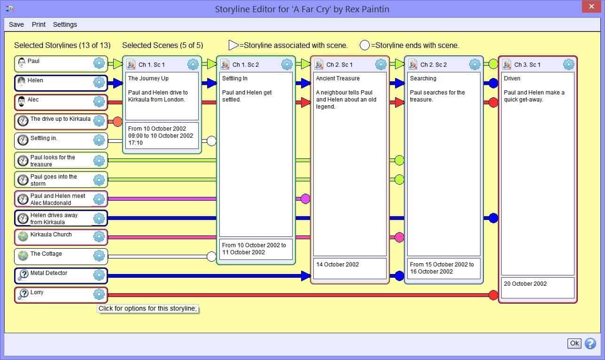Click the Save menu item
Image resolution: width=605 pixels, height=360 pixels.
point(16,24)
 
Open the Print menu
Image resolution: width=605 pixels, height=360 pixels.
point(39,24)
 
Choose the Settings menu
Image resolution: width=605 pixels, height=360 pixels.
point(65,24)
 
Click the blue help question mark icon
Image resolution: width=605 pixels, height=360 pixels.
point(590,344)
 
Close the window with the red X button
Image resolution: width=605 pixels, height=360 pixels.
point(591,7)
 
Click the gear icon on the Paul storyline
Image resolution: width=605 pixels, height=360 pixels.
point(99,63)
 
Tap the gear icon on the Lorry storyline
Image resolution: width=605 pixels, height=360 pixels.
point(99,294)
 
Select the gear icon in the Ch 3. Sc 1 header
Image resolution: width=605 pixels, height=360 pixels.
point(568,64)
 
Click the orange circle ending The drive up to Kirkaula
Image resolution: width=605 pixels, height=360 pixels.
point(117,122)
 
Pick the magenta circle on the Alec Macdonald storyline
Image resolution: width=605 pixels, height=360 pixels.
point(305,199)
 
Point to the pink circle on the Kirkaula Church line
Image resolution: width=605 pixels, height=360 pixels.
point(399,237)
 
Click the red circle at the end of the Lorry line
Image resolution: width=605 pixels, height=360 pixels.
point(493,295)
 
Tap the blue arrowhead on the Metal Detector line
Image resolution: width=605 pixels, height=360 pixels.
point(306,276)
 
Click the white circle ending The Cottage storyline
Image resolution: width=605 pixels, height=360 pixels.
point(211,257)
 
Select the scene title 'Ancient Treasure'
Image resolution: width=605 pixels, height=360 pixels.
point(338,78)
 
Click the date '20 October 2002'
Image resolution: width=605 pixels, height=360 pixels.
point(525,284)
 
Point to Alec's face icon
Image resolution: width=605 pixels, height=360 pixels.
point(21,102)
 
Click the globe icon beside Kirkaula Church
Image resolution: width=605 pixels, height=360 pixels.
point(23,236)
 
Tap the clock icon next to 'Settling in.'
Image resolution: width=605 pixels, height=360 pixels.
point(23,140)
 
